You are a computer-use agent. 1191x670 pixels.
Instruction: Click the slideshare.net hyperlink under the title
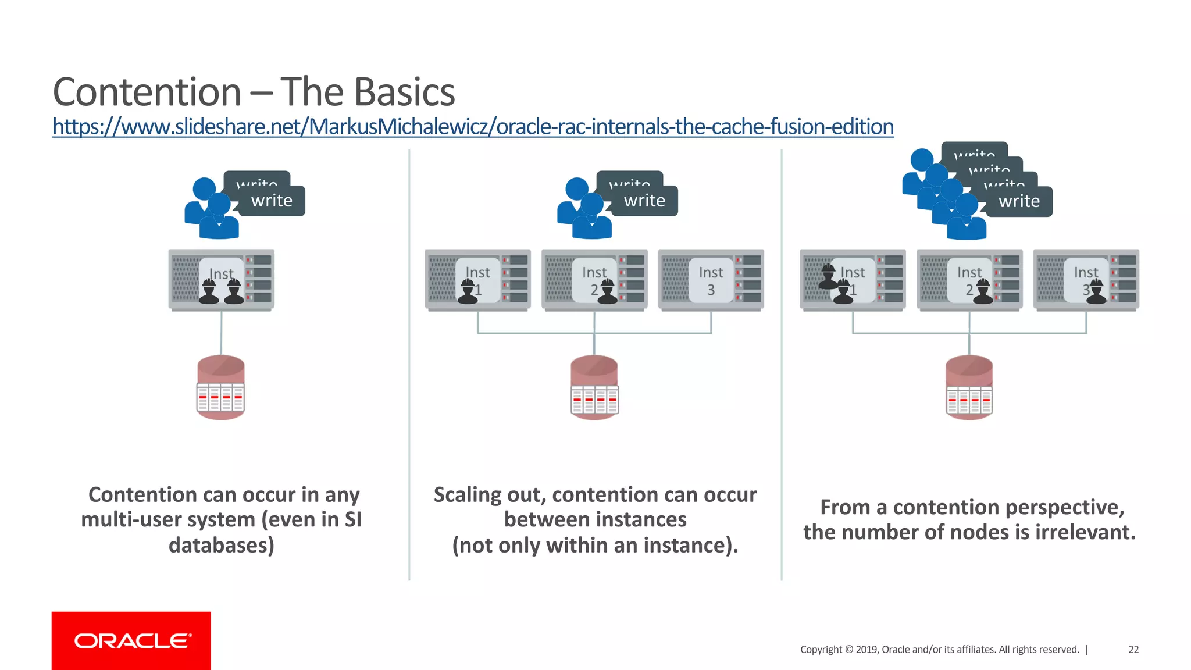pos(472,127)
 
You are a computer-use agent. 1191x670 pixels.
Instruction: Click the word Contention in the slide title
pos(147,92)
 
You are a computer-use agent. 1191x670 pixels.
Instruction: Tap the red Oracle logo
pos(131,640)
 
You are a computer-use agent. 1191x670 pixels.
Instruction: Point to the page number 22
pos(1133,650)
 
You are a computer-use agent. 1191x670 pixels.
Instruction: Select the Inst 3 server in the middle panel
pos(711,280)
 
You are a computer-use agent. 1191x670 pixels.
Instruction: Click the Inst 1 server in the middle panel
pos(477,280)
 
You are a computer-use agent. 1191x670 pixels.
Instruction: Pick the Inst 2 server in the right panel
pos(969,280)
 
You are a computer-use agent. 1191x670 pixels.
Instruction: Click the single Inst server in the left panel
pos(221,280)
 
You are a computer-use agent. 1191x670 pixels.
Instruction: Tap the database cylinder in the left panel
pos(220,387)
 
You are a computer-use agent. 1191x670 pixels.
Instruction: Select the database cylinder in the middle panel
pos(594,387)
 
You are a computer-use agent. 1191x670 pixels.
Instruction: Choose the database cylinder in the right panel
pos(969,387)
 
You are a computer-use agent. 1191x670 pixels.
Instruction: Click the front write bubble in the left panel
pos(272,201)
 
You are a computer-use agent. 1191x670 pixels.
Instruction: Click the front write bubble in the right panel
pos(1019,202)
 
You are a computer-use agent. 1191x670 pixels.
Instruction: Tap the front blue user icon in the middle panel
pos(592,218)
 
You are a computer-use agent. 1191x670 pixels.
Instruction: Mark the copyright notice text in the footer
pos(939,650)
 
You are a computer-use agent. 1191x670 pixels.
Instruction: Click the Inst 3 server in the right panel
pos(1086,280)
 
